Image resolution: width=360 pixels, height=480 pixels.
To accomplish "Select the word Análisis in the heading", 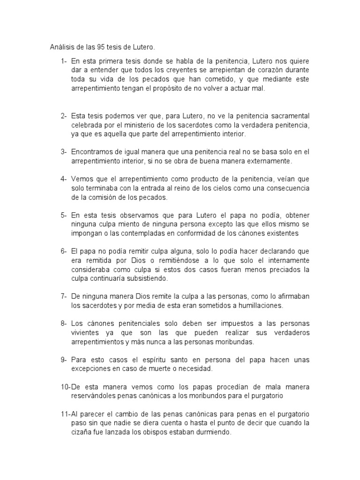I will (62, 47).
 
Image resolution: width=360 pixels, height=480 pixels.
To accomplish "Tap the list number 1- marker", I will (63, 61).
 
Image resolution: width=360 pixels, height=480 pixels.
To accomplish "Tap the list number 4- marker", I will (63, 179).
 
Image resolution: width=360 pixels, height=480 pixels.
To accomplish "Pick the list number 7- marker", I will (63, 297).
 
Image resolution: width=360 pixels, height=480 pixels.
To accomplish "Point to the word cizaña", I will (82, 433).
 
